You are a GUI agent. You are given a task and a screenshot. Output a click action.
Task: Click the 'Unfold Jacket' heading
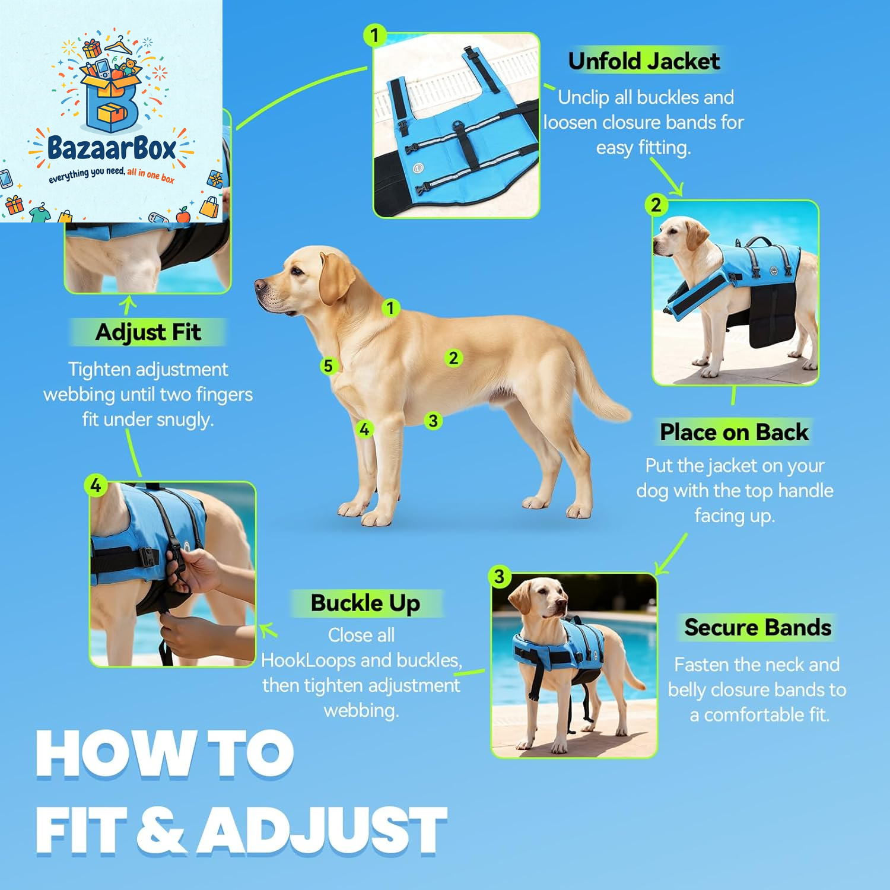coord(644,61)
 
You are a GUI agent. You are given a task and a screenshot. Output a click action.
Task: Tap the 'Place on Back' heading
coord(734,432)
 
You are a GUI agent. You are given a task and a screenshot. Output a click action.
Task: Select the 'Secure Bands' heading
coord(758,627)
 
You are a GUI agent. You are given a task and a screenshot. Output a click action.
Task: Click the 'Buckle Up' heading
coord(365,603)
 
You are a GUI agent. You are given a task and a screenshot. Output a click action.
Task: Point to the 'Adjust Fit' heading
coord(148,332)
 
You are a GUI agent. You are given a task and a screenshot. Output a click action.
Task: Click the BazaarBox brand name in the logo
coord(112,148)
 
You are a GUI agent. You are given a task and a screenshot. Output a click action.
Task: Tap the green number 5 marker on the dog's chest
coord(328,365)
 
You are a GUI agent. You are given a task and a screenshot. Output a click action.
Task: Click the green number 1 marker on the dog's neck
coord(390,308)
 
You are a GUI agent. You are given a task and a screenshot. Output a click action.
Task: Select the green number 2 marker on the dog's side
coord(453,358)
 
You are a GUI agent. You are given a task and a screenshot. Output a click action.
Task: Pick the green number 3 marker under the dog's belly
coord(433,421)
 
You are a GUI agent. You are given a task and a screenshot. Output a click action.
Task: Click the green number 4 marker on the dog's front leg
coord(364,428)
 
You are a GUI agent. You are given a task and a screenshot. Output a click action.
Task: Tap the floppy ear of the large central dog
coord(336,278)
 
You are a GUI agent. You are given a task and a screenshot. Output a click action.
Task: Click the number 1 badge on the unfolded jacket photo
coord(374,36)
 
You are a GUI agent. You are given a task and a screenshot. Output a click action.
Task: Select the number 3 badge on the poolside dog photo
coord(499,576)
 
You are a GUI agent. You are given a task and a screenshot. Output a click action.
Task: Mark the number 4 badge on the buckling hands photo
coord(96,485)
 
